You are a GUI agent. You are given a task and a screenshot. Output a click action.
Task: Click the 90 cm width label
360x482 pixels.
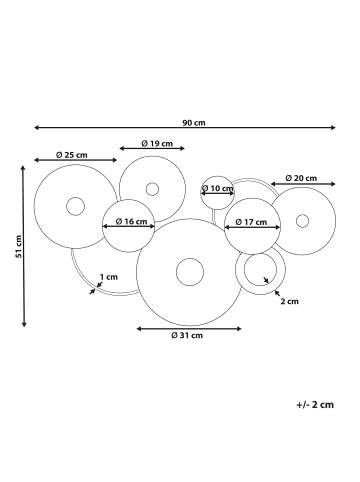[194, 123]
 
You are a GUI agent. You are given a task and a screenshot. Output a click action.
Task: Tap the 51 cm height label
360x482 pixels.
[19, 246]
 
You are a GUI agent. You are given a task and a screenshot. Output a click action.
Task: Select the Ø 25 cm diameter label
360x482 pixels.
[72, 155]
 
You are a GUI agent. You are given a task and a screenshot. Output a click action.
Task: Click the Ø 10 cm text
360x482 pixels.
[218, 189]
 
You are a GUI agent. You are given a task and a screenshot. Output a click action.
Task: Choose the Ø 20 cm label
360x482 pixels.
[301, 178]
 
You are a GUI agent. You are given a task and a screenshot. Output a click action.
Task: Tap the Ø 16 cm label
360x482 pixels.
[131, 221]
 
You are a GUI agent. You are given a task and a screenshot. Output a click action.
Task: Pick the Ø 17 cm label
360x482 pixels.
[251, 222]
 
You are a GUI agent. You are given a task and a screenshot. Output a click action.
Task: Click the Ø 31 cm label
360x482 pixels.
[187, 335]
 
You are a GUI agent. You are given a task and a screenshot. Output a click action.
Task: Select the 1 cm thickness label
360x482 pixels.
[109, 277]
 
